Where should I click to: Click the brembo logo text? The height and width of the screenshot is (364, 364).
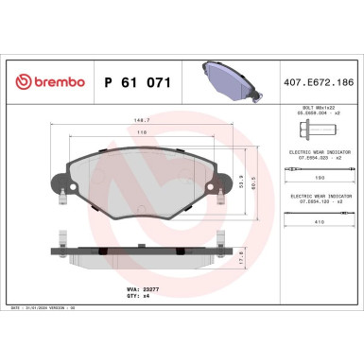pyautogui.click(x=53, y=82)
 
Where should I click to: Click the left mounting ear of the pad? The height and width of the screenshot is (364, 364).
pyautogui.click(x=60, y=190)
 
